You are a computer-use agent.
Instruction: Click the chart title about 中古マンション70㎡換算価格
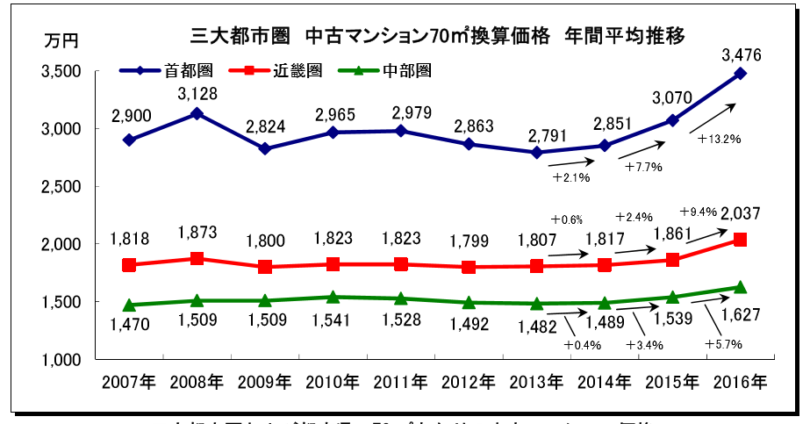coord(437,36)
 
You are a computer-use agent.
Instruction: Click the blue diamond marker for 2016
coord(741,73)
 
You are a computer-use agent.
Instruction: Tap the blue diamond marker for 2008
coord(197,113)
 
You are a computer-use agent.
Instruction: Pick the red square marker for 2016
coord(741,240)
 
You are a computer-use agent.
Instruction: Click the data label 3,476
coord(741,55)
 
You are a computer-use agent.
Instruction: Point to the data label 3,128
coord(197,94)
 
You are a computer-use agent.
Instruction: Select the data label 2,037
coord(741,212)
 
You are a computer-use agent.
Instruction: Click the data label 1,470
coord(130,325)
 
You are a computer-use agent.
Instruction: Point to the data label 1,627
coord(741,314)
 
